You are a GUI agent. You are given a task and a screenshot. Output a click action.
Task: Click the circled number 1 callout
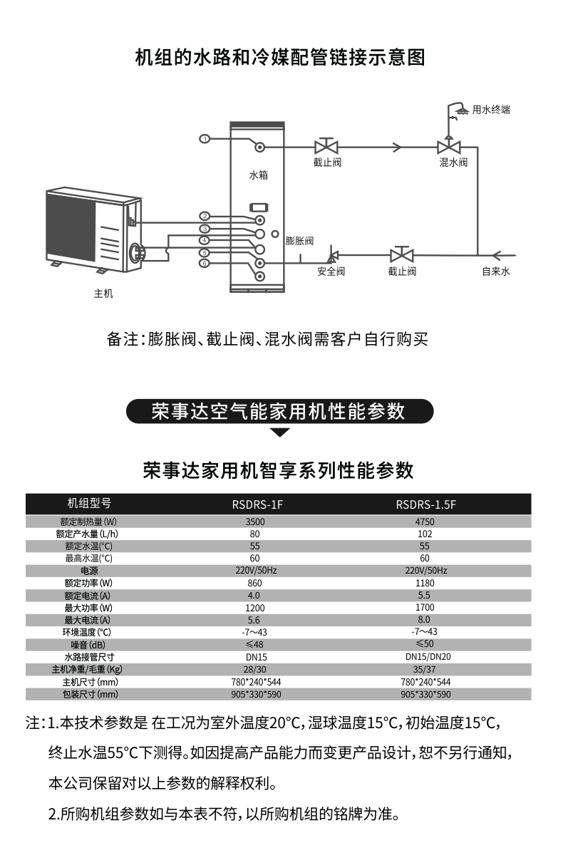(x=204, y=138)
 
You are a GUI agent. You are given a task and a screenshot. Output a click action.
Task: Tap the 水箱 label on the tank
(x=258, y=174)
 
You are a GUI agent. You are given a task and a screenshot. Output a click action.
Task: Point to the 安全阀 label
(x=331, y=271)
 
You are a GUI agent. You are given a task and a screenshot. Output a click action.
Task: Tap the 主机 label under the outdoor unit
(x=103, y=293)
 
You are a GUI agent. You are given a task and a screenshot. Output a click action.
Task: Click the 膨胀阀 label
(x=299, y=241)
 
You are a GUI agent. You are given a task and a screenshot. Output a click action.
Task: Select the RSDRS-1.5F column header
(x=425, y=504)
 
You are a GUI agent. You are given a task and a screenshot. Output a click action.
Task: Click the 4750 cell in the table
(x=425, y=522)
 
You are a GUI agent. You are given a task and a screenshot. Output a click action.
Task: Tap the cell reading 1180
(x=425, y=583)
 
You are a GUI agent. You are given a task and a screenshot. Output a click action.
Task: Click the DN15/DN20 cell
(x=428, y=657)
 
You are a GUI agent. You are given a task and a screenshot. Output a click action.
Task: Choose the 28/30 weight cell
(x=254, y=670)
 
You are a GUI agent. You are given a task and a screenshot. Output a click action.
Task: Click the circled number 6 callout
(x=205, y=263)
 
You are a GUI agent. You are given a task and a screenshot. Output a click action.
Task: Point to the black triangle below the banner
(x=281, y=432)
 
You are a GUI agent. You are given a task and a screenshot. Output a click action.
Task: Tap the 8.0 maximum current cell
(x=425, y=620)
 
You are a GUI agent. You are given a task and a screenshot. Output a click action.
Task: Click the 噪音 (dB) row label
(x=88, y=645)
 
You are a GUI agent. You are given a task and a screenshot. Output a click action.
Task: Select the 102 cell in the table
(x=425, y=534)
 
